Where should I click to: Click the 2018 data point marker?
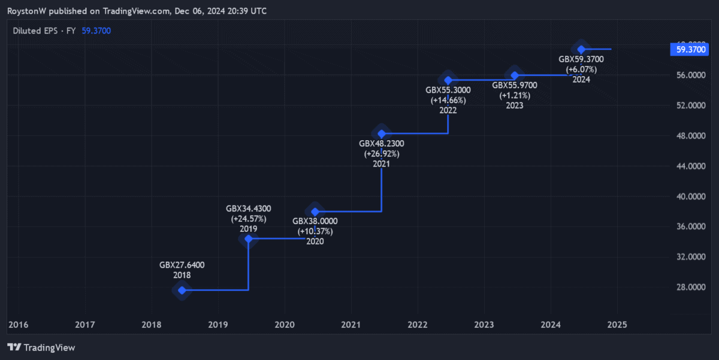[x=182, y=290]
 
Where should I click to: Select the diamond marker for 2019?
[x=249, y=238]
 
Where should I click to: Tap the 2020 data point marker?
[x=315, y=211]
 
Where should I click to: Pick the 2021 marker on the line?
[x=381, y=133]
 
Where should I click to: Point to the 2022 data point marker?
[x=448, y=80]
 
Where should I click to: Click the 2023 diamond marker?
[x=514, y=75]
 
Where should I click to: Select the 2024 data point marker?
[x=581, y=49]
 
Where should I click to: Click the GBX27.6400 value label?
[x=182, y=265]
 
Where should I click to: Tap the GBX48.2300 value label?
[x=381, y=144]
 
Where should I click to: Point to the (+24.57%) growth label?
[x=248, y=219]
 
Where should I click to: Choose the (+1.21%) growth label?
[x=514, y=95]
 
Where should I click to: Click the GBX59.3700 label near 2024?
[x=581, y=59]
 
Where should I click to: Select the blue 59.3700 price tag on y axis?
[x=690, y=50]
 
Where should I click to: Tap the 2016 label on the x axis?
[x=19, y=325]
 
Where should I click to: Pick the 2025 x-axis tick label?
[x=617, y=325]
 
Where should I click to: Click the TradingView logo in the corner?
[x=41, y=347]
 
